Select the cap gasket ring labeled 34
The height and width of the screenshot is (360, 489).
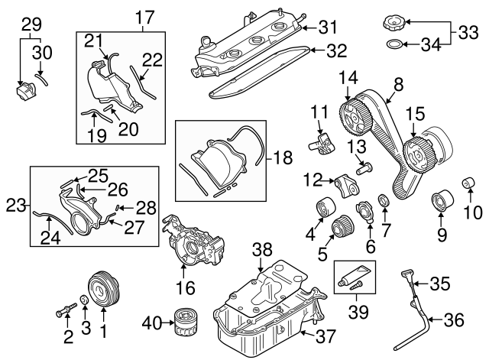pos(393,44)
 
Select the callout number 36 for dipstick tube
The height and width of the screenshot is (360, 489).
pos(454,321)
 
